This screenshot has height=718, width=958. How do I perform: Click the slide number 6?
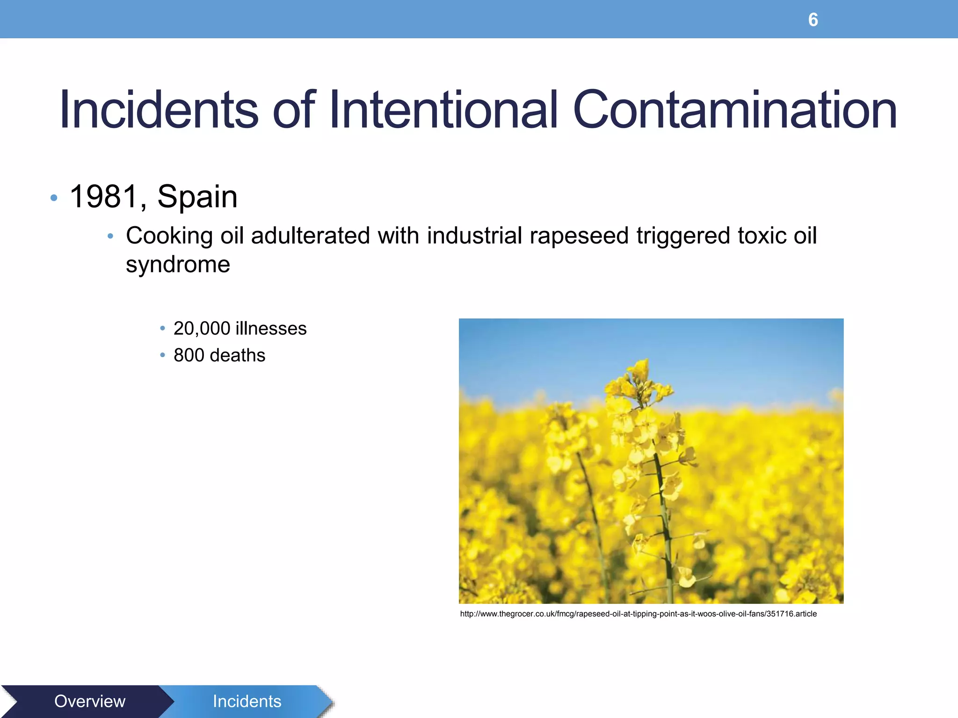(813, 20)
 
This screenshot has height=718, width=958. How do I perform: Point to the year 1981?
(104, 197)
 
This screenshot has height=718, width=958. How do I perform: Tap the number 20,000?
(202, 329)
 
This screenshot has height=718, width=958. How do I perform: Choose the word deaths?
(238, 355)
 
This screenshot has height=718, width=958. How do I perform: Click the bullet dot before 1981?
(54, 198)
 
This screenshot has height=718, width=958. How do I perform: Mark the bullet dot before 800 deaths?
(162, 355)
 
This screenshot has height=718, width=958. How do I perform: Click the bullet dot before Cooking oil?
(110, 237)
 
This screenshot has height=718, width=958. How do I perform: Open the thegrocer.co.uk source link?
(638, 614)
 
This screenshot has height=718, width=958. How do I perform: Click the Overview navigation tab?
(90, 701)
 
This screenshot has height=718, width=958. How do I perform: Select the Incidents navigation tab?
(247, 701)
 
